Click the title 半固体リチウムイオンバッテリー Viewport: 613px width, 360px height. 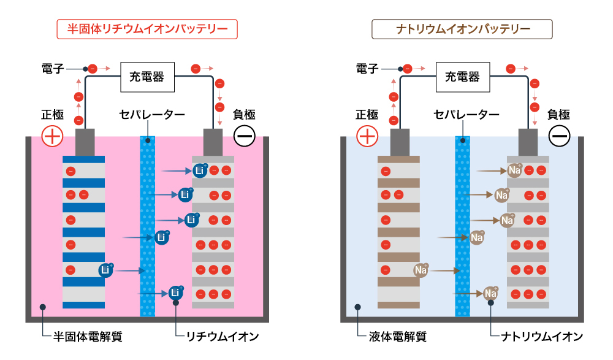click(x=147, y=29)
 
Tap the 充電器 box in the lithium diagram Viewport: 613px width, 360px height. click(x=147, y=77)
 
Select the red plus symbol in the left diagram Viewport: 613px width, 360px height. click(x=52, y=136)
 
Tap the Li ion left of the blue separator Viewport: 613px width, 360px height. click(x=105, y=270)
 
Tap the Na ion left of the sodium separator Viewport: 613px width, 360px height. click(x=421, y=270)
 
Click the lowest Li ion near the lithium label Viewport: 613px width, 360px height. click(x=176, y=293)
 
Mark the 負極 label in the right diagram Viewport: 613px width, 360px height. click(x=558, y=115)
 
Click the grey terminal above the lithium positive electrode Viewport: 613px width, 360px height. click(x=85, y=142)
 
